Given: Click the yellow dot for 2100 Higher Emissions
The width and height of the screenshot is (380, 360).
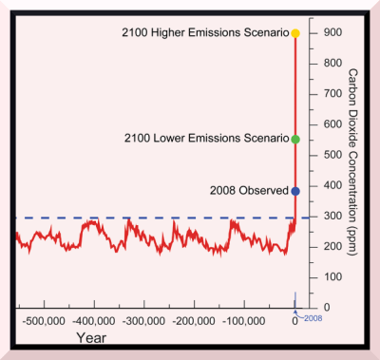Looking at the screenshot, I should tap(295, 33).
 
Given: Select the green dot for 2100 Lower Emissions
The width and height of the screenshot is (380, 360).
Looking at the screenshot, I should tap(295, 139).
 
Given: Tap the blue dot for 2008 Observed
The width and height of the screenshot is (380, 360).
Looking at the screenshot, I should tap(295, 191).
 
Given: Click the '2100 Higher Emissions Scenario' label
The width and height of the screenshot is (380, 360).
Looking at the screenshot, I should tap(205, 34).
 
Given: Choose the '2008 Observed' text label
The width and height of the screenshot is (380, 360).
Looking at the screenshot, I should tap(246, 191).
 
